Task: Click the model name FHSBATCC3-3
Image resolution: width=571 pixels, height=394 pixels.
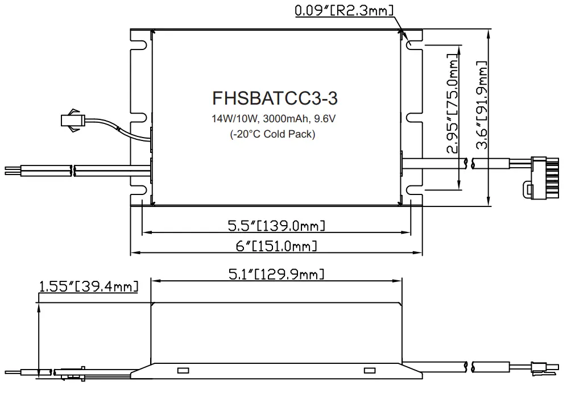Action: [275, 98]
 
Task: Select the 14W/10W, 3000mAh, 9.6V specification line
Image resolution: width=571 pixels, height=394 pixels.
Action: [275, 120]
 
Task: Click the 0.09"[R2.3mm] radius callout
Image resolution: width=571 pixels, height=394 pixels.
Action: [343, 11]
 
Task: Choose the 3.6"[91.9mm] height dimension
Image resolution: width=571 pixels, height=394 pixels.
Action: [483, 105]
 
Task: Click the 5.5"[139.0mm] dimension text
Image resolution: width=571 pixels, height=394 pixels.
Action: [276, 226]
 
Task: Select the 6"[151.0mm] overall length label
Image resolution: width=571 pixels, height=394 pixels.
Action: [276, 246]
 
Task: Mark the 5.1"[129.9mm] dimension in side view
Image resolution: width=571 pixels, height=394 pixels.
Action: [276, 275]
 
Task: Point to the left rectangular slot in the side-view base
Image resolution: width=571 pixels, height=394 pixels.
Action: [183, 371]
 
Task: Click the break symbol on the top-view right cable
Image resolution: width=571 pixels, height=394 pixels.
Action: [467, 163]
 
